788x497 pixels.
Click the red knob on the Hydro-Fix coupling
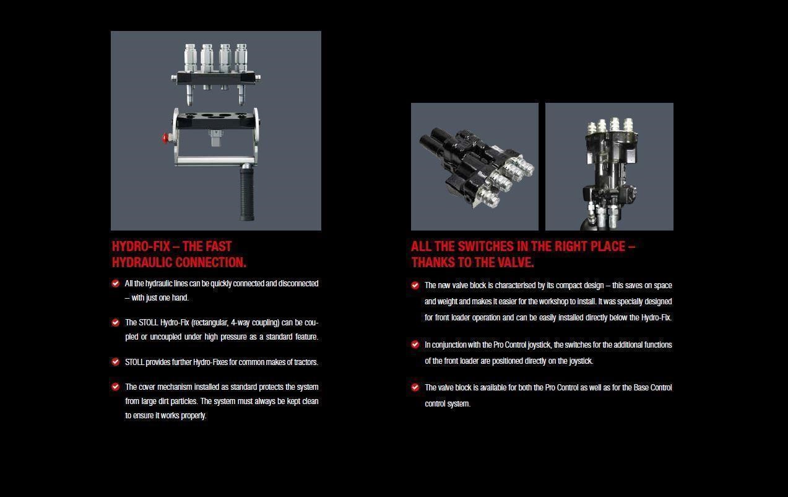pos(165,138)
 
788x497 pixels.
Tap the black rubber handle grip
pos(248,195)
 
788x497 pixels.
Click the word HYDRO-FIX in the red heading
pos(141,247)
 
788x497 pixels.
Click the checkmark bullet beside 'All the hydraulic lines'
pos(115,284)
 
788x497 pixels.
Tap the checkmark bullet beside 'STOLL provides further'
pos(115,362)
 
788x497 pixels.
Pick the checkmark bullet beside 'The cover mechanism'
pos(115,387)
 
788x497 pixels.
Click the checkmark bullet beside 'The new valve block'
pos(415,285)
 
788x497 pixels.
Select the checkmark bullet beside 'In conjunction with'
pos(415,345)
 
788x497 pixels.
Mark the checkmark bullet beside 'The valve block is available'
pos(415,387)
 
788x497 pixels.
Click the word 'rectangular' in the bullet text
pos(210,323)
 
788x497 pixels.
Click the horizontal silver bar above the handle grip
pos(215,161)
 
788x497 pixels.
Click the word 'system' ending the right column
pos(459,403)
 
